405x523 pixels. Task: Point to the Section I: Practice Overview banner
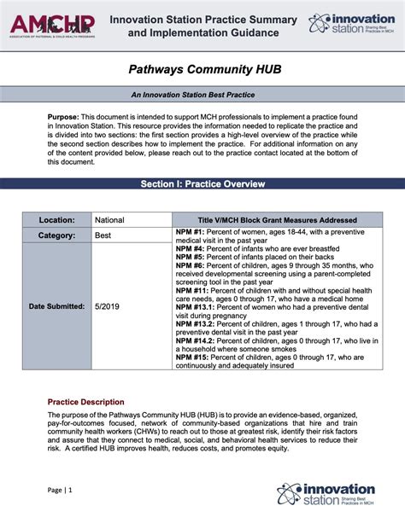click(202, 183)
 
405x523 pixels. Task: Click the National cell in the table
click(109, 220)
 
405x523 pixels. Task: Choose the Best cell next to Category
click(103, 235)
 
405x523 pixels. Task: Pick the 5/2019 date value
click(108, 305)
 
